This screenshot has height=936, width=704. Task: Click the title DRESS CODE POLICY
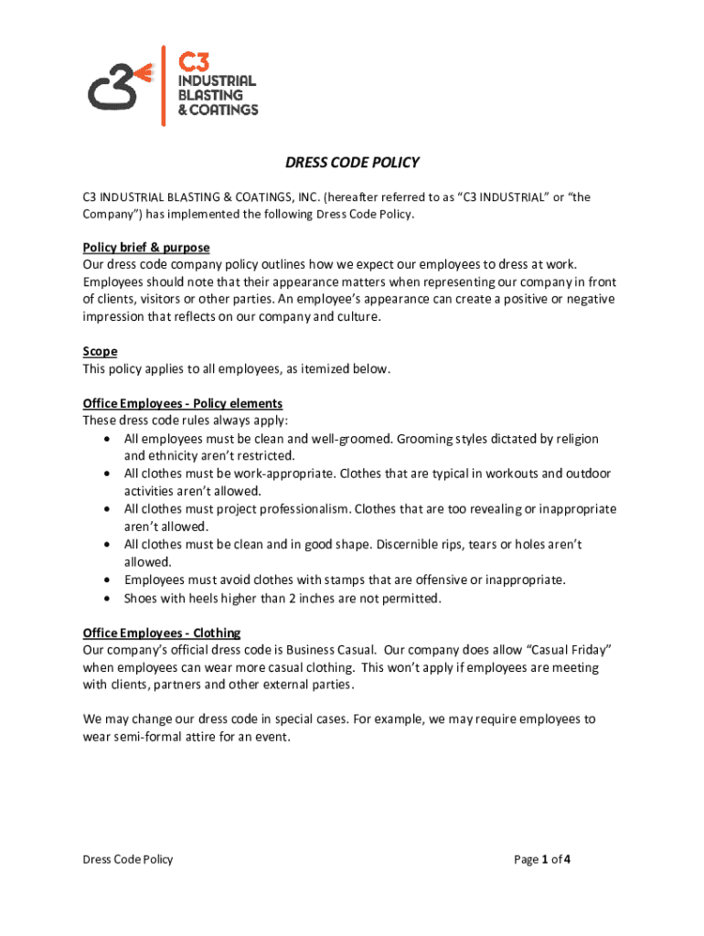point(352,163)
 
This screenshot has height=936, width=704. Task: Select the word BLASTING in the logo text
point(209,95)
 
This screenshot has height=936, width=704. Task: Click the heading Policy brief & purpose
point(146,248)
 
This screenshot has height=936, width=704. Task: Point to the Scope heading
point(100,351)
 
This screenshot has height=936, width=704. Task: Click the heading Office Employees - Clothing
point(162,633)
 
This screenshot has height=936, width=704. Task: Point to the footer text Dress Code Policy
point(127,859)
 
